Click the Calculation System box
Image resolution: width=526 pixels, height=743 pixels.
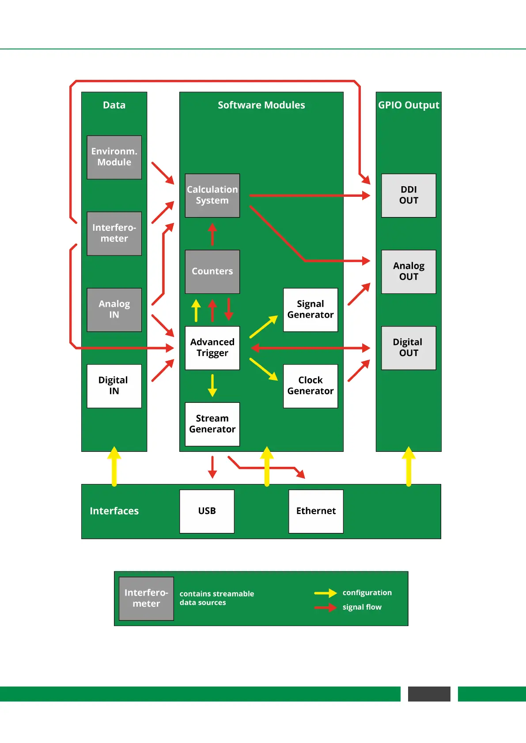[x=212, y=195]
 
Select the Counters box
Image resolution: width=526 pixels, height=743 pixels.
[x=212, y=271]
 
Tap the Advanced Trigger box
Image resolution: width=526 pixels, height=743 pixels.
[x=212, y=348]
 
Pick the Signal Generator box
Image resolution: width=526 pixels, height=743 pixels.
[x=310, y=309]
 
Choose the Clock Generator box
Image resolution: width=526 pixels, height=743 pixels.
[x=310, y=386]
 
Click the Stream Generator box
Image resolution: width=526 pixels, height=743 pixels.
[x=212, y=424]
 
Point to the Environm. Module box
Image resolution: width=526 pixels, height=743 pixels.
[x=114, y=157]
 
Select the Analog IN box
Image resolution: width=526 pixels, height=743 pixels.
[x=114, y=309]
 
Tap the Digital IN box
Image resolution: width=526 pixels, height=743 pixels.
[x=114, y=386]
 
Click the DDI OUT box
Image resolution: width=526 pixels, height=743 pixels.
[x=409, y=195]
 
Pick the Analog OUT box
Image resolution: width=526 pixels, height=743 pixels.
[x=409, y=271]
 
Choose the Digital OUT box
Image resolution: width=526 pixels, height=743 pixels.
[x=409, y=348]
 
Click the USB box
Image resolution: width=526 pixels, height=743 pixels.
[x=207, y=511]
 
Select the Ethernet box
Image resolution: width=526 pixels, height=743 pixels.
[x=316, y=511]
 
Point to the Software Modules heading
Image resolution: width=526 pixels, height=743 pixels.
[x=261, y=105]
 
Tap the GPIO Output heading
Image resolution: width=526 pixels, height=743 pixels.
[x=409, y=105]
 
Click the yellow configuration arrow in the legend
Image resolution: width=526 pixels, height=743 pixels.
[x=325, y=593]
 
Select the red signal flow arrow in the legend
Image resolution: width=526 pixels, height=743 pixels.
[x=325, y=608]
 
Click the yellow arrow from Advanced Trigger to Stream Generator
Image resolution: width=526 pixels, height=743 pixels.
[x=212, y=385]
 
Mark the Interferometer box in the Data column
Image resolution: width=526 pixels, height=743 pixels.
[x=114, y=233]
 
